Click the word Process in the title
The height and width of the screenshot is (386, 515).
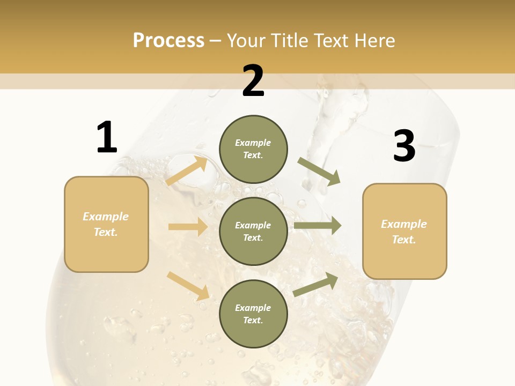point(168,41)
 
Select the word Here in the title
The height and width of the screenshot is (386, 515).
point(373,41)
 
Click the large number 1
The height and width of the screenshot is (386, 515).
point(106,138)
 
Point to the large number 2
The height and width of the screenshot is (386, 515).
point(253,81)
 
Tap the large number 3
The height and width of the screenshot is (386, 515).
point(404,146)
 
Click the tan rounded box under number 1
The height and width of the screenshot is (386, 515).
point(106,224)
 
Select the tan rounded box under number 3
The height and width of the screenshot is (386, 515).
point(404,232)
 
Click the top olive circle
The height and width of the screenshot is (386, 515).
point(253,149)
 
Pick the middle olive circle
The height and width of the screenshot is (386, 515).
point(253,232)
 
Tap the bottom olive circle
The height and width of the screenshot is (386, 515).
point(253,314)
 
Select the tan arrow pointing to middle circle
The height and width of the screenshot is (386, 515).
point(188,227)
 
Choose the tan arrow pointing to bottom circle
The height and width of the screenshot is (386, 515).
point(188,286)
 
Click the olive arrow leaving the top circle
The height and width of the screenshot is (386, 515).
point(319,172)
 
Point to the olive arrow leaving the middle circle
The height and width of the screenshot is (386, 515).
point(318,226)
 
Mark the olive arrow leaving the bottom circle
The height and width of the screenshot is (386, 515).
point(316,284)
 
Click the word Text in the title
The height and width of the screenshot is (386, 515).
point(331,41)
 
